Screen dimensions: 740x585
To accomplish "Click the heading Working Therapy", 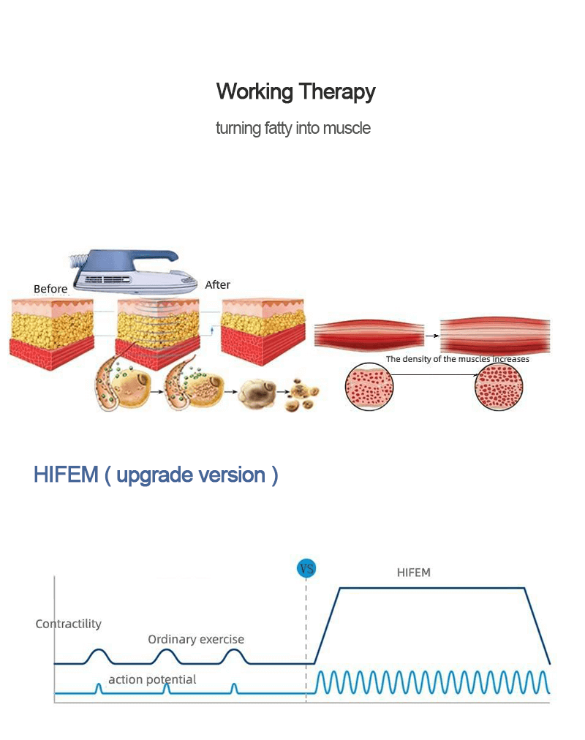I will click(295, 92).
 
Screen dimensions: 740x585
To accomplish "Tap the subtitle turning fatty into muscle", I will click(293, 129).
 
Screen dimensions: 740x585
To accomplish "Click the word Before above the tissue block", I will click(50, 289).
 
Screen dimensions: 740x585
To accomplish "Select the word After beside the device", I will click(217, 284).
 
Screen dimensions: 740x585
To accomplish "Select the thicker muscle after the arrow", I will click(496, 336).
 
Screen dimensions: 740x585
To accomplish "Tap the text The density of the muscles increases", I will click(458, 359).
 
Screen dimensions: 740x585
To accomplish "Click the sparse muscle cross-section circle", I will click(369, 387).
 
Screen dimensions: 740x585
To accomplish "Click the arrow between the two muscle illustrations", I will click(432, 336).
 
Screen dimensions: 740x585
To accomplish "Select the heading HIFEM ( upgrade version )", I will click(156, 475).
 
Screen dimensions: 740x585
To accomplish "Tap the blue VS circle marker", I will click(306, 568).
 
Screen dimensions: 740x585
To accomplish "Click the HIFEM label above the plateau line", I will click(414, 573).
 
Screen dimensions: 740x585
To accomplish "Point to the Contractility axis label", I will click(68, 624).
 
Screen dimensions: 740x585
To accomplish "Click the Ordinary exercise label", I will click(196, 639).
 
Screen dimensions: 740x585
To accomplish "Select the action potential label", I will click(152, 679).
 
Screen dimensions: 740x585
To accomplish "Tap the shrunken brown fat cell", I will click(257, 392).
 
